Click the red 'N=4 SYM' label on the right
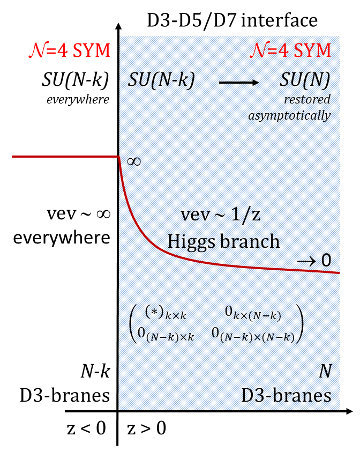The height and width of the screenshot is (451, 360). tap(290, 50)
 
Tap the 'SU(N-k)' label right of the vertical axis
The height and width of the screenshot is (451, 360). tap(161, 80)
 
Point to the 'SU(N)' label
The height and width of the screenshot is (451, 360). tap(304, 80)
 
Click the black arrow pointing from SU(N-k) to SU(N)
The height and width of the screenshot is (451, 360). tap(238, 82)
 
